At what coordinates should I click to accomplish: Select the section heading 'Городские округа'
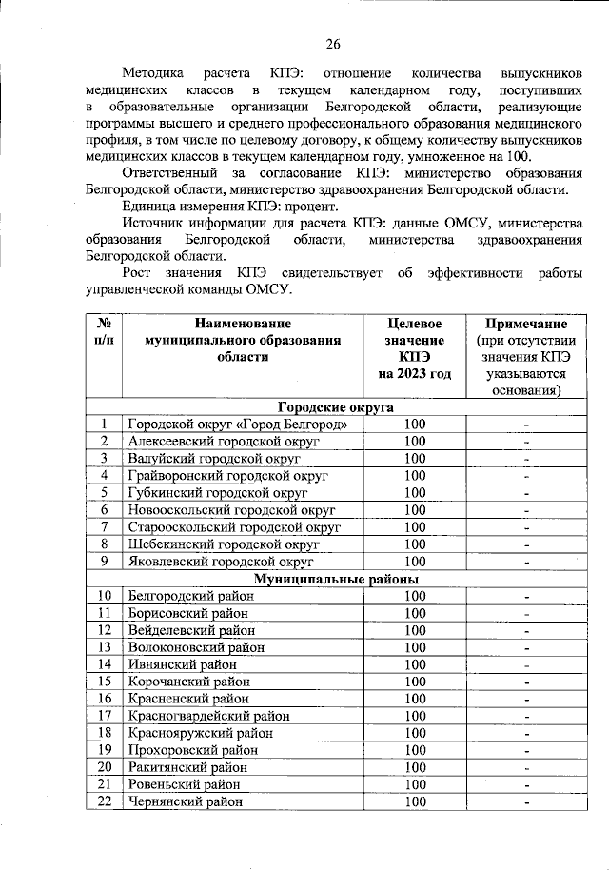tap(323, 406)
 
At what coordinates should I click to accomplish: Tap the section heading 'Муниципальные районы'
tap(323, 578)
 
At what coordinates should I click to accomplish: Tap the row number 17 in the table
tap(104, 716)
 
